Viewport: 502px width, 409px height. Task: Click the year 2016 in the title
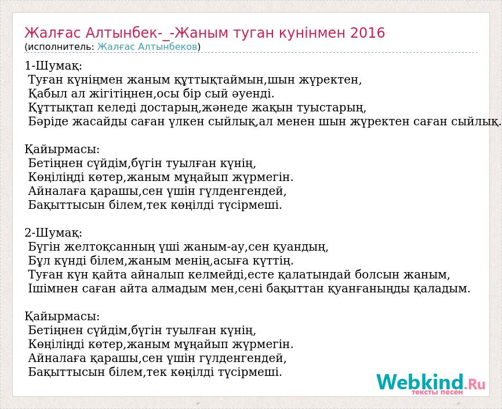tap(367, 32)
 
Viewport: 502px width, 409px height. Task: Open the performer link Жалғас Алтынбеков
tap(147, 47)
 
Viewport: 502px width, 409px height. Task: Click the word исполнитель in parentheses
tap(60, 47)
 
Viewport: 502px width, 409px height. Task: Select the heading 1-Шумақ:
tap(53, 66)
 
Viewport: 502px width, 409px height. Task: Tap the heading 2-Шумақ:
tap(53, 233)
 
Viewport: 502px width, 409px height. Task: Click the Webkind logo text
tap(420, 382)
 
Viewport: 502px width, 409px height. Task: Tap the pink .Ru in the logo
tap(475, 383)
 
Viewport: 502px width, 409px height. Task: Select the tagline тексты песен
tap(437, 392)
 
